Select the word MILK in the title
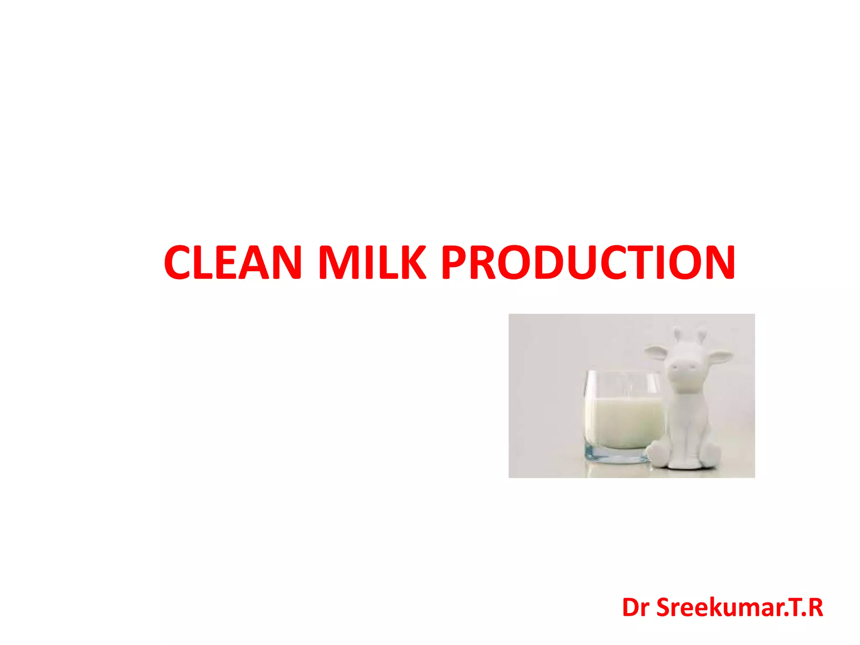(372, 262)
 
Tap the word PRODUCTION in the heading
(588, 262)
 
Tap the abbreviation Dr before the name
(636, 608)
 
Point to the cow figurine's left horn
(677, 334)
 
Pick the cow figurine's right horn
(702, 335)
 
